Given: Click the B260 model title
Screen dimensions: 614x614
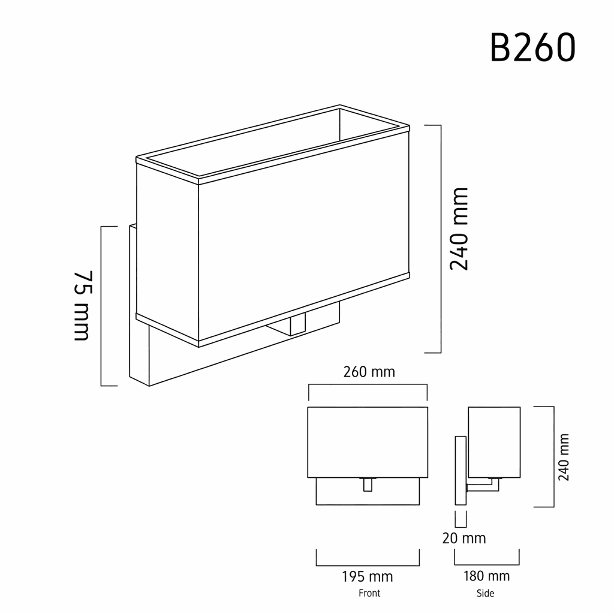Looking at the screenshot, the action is [532, 47].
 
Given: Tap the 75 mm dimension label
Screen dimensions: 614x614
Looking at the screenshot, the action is [83, 305].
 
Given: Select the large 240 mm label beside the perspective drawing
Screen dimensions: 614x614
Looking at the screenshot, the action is [459, 229].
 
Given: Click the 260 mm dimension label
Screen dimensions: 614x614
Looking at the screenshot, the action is [369, 372].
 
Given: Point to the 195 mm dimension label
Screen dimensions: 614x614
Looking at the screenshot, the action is [367, 576].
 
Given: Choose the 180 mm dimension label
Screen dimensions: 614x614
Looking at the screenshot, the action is [486, 576].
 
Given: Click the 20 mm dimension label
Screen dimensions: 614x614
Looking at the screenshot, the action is [464, 538].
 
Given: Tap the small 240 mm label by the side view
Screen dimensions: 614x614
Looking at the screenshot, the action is [564, 457].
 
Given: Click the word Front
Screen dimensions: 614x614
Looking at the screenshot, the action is [369, 593].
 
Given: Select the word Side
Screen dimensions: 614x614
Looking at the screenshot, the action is [485, 593].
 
